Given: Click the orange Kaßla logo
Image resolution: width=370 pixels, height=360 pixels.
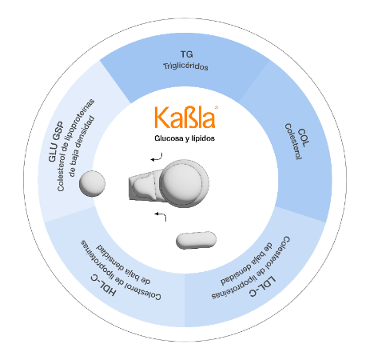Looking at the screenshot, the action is point(185,118).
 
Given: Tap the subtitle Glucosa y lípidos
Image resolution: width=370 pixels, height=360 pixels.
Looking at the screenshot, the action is point(185,138).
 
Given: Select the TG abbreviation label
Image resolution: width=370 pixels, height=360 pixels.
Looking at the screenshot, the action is point(186,54).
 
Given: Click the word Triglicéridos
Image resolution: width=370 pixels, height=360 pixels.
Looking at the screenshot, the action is point(185,66).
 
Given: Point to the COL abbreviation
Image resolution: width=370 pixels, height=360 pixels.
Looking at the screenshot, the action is point(304,138).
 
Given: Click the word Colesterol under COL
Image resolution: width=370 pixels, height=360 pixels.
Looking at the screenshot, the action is point(293,142).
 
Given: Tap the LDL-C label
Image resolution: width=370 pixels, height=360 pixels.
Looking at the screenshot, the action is point(263,286).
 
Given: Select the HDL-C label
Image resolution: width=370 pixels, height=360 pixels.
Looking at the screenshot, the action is point(103,285).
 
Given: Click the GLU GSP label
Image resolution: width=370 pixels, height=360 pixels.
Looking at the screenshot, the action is point(56,142).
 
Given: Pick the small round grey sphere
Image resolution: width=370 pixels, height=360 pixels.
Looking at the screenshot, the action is point(92,183).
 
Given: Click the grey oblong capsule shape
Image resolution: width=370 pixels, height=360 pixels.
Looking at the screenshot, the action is point(196,240).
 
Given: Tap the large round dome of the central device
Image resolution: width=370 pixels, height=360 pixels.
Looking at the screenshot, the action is point(185,183).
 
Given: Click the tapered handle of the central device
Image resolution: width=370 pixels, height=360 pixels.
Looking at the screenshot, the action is point(145,186).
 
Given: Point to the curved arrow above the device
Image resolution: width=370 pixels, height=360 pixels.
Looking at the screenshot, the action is point(157,158).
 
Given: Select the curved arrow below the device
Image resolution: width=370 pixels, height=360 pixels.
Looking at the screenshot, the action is point(161,215).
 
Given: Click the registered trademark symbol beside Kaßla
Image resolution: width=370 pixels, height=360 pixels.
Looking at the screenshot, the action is point(217,107).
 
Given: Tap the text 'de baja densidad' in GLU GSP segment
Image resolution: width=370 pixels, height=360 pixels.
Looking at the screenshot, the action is point(82,146).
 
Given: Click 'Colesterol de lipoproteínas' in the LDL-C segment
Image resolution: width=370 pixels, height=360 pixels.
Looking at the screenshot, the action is point(251,267).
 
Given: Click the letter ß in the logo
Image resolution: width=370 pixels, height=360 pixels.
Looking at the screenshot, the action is point(185,118).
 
